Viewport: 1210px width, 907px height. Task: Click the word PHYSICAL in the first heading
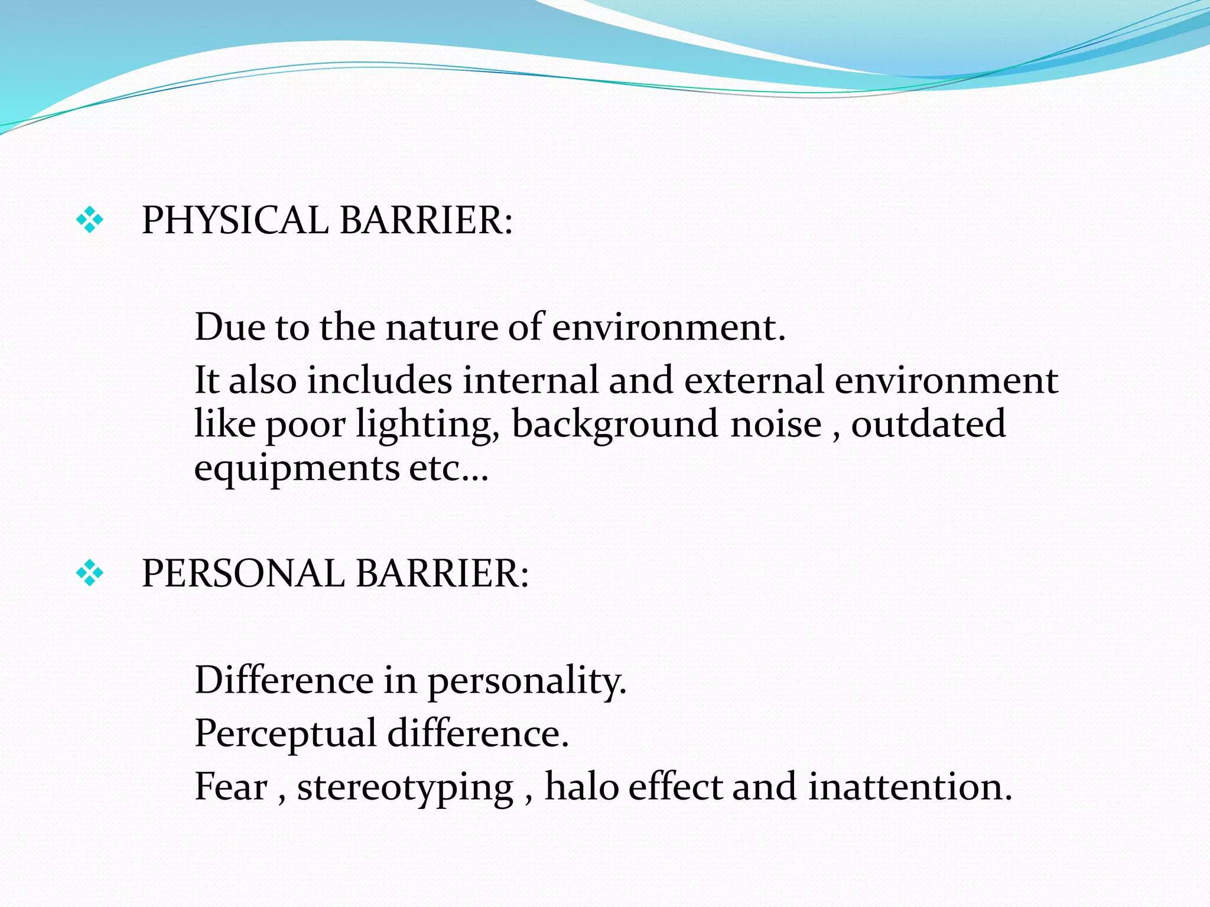[235, 221]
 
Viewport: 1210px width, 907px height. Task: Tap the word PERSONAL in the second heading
[243, 574]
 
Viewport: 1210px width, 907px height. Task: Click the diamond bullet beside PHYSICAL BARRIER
[90, 221]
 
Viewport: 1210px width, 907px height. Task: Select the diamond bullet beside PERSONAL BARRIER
[90, 573]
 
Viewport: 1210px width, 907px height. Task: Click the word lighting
[427, 425]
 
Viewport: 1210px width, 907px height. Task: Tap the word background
[614, 425]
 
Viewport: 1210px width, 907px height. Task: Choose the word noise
[776, 425]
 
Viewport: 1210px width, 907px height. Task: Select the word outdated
[928, 424]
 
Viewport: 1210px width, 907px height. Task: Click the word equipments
[297, 470]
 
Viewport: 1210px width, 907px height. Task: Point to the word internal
[530, 380]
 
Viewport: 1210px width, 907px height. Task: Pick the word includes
[379, 380]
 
